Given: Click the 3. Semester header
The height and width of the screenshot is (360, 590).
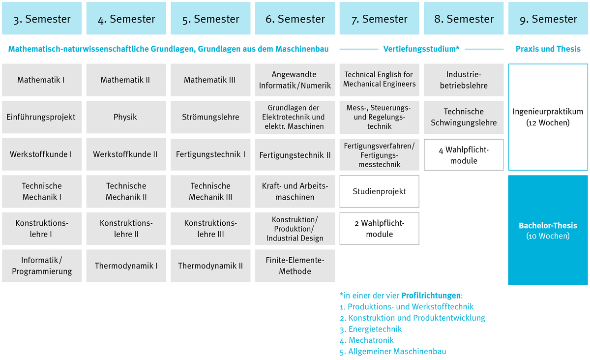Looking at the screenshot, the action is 42,19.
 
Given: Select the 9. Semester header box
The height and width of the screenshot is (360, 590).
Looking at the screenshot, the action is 548,19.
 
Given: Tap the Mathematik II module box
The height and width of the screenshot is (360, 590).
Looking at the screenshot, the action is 126,80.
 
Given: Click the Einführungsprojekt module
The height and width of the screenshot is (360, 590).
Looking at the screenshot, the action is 42,117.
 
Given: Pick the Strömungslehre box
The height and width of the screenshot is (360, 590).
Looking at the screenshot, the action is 210,117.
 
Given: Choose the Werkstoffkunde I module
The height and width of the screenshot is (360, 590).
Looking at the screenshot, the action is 42,154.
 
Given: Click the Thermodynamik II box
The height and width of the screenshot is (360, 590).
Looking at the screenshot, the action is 210,266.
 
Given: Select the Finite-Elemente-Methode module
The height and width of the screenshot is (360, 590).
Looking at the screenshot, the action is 295,266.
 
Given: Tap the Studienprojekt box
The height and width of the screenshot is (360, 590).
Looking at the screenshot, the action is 379,191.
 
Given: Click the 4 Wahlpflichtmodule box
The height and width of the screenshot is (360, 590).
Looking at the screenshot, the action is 464,155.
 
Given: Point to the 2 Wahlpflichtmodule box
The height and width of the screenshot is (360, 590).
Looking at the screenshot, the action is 379,229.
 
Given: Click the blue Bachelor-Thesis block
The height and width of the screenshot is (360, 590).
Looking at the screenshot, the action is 548,230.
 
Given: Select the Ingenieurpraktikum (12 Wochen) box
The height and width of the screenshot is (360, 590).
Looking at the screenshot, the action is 548,117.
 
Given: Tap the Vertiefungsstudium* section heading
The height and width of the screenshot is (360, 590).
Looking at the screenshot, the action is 421,49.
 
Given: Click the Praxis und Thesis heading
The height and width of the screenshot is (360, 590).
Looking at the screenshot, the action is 548,49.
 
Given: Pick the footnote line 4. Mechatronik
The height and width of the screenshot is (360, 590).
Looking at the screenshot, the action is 367,340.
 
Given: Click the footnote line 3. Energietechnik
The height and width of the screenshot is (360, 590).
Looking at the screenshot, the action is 371,329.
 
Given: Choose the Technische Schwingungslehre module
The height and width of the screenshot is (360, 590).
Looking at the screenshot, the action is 464,117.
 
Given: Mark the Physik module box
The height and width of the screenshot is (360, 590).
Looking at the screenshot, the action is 126,117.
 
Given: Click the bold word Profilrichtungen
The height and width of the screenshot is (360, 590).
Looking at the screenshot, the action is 431,296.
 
